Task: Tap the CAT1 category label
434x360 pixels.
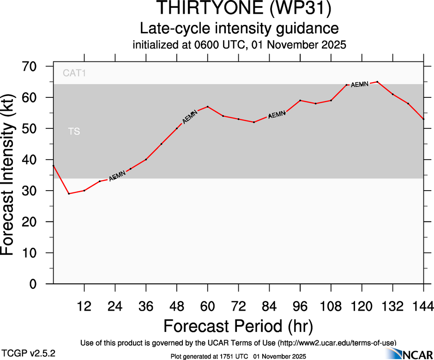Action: pyautogui.click(x=74, y=73)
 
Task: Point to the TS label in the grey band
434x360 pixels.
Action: pyautogui.click(x=74, y=132)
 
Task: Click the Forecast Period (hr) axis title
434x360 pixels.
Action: pyautogui.click(x=238, y=326)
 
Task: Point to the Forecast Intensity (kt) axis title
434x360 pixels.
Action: pyautogui.click(x=12, y=175)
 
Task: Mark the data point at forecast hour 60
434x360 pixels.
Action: pyautogui.click(x=208, y=107)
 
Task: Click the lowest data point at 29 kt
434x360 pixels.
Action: pyautogui.click(x=69, y=193)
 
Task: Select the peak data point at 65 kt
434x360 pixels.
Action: pyautogui.click(x=377, y=82)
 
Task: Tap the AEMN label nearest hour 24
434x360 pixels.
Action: pyautogui.click(x=117, y=176)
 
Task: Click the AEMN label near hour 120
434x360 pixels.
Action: pyautogui.click(x=360, y=84)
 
